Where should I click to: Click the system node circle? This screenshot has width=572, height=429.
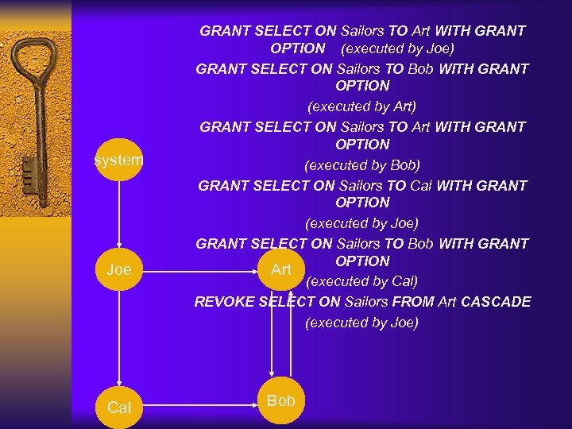119,160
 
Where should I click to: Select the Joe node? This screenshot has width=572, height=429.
119,270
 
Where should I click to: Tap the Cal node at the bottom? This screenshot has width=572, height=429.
119,407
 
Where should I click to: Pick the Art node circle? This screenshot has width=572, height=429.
280,270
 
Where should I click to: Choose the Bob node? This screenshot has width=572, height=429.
280,400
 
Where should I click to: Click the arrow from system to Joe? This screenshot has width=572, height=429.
119,214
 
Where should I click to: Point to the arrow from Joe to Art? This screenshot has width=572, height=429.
199,272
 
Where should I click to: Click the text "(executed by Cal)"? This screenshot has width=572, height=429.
361,281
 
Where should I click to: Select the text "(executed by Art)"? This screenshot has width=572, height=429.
361,106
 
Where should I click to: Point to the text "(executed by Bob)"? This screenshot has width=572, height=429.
361,165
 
